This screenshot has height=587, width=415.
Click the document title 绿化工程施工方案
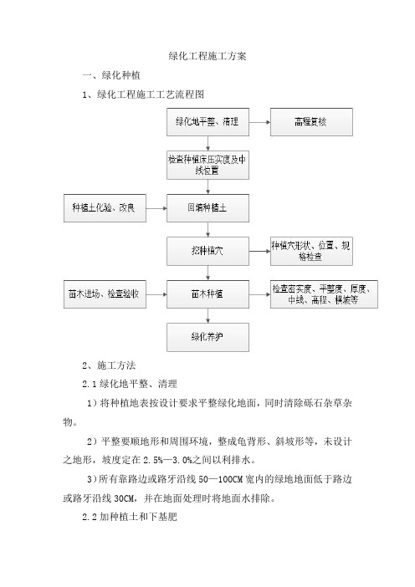tap(207, 56)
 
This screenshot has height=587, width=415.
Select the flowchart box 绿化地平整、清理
tap(207, 122)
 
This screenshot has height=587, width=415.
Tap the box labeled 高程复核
tap(311, 122)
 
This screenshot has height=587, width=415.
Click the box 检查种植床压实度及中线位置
tap(207, 165)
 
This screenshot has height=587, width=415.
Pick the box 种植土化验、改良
tap(105, 208)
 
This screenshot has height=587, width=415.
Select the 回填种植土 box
tap(207, 208)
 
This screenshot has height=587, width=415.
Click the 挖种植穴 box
tap(207, 251)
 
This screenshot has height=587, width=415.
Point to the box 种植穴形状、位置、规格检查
tap(311, 251)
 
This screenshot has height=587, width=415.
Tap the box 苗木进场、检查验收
tap(105, 294)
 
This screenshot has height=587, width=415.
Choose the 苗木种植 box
tap(207, 294)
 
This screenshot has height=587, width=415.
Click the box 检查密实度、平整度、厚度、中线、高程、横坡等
tap(324, 294)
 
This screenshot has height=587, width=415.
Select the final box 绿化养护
tap(207, 337)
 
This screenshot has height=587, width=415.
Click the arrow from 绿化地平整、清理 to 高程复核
tap(259, 122)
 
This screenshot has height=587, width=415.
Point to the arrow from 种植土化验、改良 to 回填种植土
tap(156, 208)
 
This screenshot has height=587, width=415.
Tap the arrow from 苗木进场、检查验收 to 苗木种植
tap(156, 294)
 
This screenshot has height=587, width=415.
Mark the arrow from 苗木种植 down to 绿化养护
tap(207, 315)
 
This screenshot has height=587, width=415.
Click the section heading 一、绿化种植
tap(111, 75)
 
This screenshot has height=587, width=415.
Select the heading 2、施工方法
tap(109, 365)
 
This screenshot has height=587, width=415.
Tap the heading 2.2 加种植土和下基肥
tap(130, 517)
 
